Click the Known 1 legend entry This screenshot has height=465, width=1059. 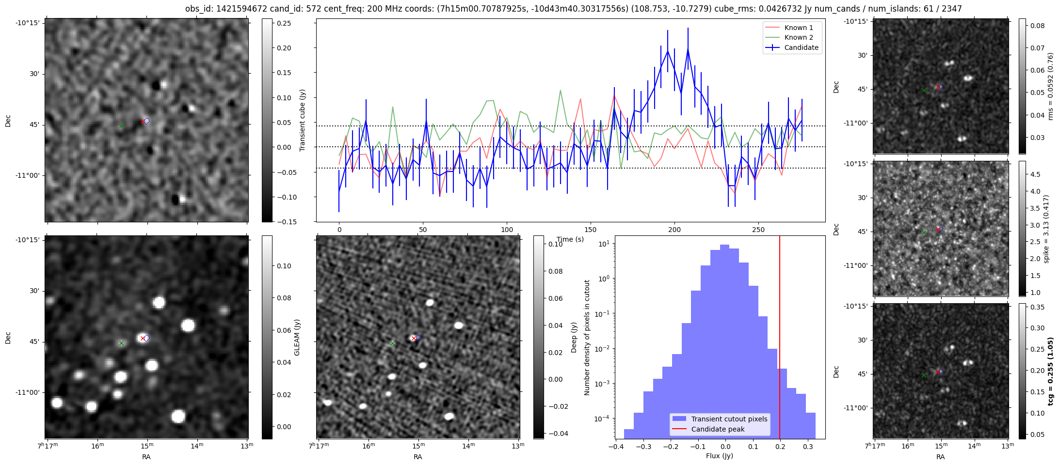(799, 28)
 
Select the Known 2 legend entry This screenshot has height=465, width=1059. (799, 37)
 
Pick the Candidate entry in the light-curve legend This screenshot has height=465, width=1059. (801, 47)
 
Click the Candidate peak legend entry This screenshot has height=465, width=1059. (718, 429)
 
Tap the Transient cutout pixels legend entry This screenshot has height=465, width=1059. (729, 419)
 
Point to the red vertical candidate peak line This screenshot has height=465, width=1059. (779, 339)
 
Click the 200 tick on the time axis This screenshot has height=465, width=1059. (674, 230)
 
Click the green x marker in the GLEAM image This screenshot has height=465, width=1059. (121, 343)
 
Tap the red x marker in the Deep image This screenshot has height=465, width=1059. (414, 339)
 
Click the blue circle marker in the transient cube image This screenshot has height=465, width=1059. (147, 121)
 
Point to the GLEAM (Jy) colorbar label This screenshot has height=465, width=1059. (297, 337)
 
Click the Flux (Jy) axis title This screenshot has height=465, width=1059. (720, 456)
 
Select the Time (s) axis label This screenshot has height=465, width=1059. (570, 239)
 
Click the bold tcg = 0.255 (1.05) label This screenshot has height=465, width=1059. (1050, 371)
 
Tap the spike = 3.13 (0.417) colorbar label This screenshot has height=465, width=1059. (1046, 229)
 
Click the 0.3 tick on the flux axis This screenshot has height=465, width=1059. (807, 448)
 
